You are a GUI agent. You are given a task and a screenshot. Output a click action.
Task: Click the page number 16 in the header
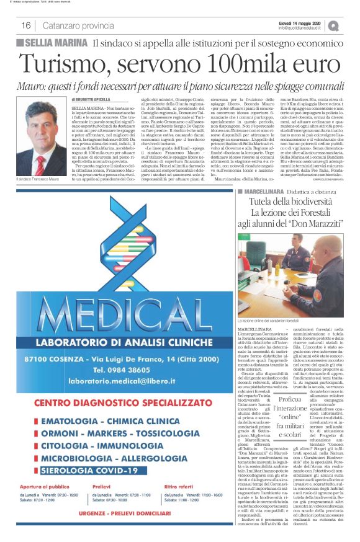point(26,25)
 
